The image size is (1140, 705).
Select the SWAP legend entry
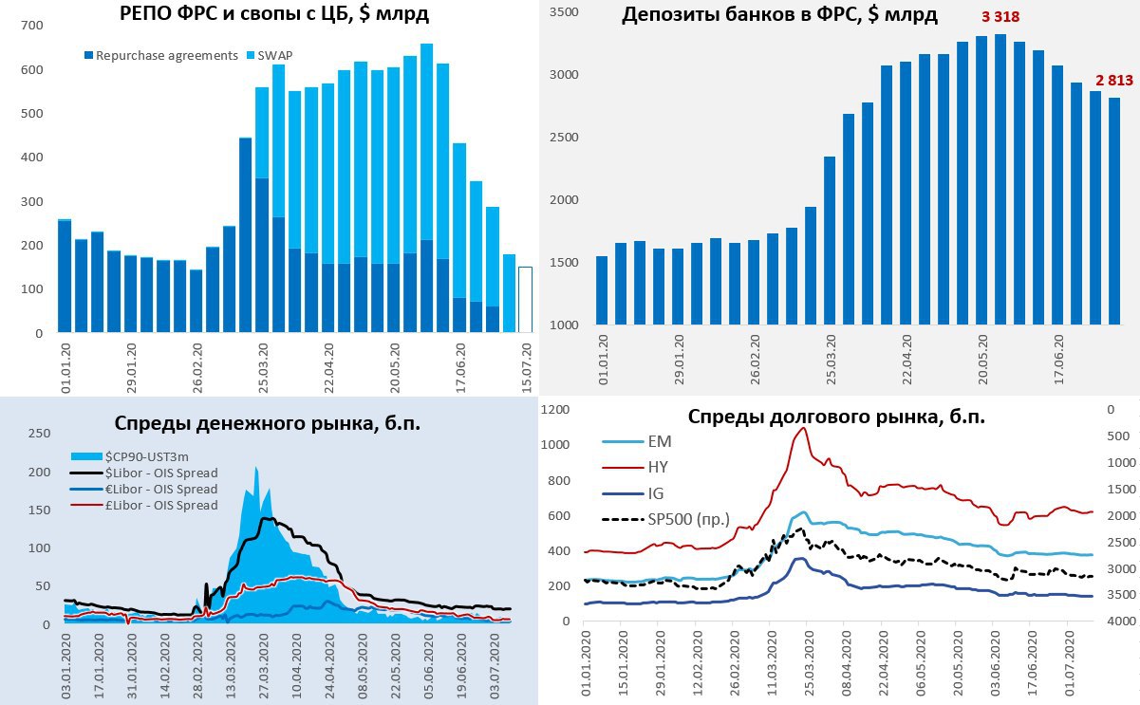point(274,55)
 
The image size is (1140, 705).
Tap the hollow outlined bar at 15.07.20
point(525,299)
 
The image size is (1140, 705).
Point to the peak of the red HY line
point(805,428)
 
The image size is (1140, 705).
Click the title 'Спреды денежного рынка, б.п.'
point(267,423)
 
